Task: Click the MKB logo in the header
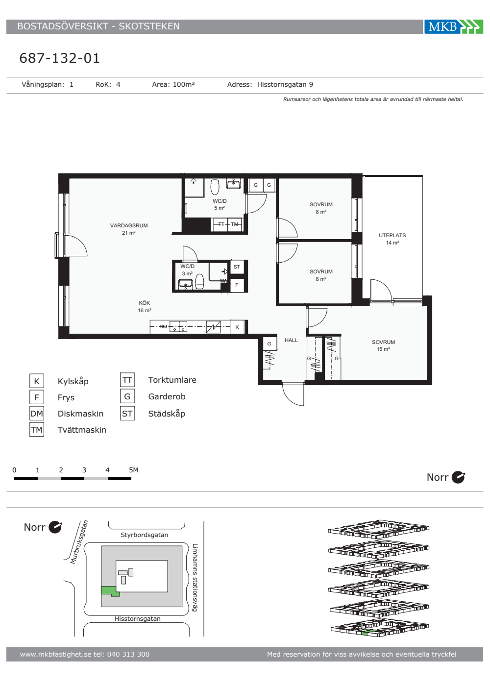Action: pyautogui.click(x=454, y=26)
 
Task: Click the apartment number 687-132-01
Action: pyautogui.click(x=60, y=58)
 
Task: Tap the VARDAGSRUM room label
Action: pyautogui.click(x=128, y=225)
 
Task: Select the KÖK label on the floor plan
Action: pyautogui.click(x=144, y=303)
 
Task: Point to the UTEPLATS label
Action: pyautogui.click(x=392, y=235)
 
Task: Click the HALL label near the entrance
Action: pyautogui.click(x=291, y=340)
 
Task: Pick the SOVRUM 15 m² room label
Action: pyautogui.click(x=383, y=345)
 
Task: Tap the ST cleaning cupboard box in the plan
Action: pyautogui.click(x=237, y=267)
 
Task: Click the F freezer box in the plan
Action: pyautogui.click(x=237, y=285)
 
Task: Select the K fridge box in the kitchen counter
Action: pyautogui.click(x=237, y=327)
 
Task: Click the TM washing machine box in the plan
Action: pyautogui.click(x=235, y=224)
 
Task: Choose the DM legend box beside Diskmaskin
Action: pyautogui.click(x=37, y=414)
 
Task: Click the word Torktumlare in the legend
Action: pyautogui.click(x=172, y=380)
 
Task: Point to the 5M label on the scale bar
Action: pyautogui.click(x=133, y=470)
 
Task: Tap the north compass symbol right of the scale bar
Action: pyautogui.click(x=459, y=477)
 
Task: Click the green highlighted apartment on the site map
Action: pyautogui.click(x=109, y=591)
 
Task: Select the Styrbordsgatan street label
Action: pyautogui.click(x=144, y=535)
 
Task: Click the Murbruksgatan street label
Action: pyautogui.click(x=79, y=542)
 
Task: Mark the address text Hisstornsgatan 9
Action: pyautogui.click(x=285, y=84)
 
